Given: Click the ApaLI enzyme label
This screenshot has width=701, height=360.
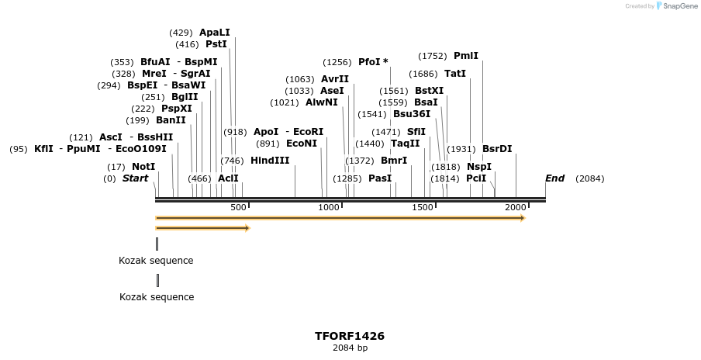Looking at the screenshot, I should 215,33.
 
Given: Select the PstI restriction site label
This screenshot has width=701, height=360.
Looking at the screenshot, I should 216,44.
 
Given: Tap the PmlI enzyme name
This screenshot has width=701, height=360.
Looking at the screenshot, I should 466,56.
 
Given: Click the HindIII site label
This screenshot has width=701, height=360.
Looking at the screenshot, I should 270,161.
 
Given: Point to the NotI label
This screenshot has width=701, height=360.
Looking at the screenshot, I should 143,167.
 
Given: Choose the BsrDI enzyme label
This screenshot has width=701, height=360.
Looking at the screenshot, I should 497,149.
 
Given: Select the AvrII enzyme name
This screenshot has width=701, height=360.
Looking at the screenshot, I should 335,79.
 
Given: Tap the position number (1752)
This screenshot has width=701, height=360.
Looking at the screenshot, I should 433,56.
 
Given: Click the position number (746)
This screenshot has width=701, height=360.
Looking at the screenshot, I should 232,161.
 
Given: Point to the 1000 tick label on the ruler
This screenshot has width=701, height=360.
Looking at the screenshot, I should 329,208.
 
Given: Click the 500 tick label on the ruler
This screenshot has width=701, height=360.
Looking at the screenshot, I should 239,208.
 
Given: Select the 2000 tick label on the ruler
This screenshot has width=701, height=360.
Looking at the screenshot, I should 516,208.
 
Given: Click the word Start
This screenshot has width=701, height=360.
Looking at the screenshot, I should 135,178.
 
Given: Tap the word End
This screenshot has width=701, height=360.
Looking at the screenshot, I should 554,178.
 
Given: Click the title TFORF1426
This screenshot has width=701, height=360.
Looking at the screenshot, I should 350,336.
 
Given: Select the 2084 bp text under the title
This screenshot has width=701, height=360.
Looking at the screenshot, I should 350,348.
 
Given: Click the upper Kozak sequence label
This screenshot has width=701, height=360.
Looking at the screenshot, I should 156,261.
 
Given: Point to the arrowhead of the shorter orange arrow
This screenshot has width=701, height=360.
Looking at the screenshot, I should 247,228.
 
